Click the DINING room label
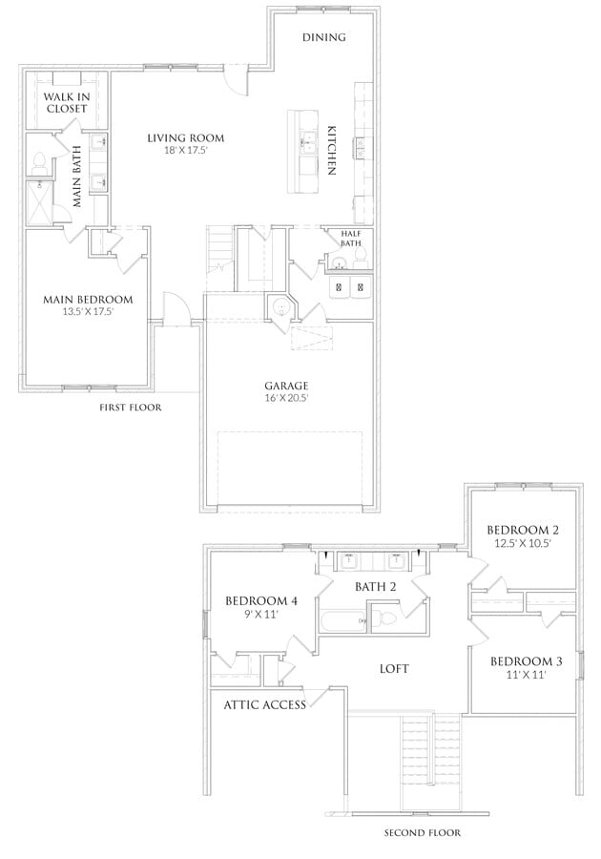coord(324,37)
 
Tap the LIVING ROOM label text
coord(186,138)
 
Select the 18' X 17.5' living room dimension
coord(186,151)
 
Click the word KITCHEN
coord(331,151)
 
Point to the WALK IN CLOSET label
coord(67,102)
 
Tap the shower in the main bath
coord(39,202)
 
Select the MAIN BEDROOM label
coord(88,300)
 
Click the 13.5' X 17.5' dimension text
coord(88,312)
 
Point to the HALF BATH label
coord(351,239)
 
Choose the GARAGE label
coord(286,386)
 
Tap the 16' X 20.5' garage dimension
coord(286,398)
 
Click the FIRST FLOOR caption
coord(131,408)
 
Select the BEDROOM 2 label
coord(523,531)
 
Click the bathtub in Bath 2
coord(343,620)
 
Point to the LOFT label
coord(394,669)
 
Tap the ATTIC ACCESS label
coord(265,705)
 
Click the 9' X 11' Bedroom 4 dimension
coord(260,614)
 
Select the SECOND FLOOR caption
coord(422,833)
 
